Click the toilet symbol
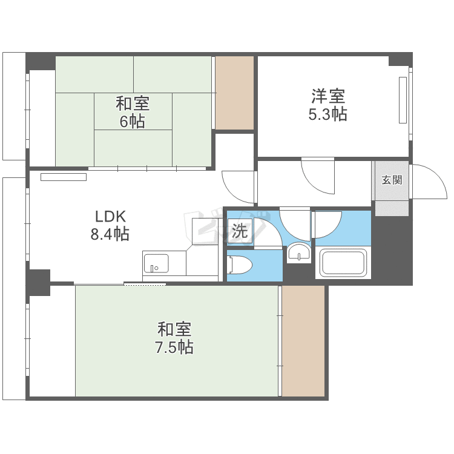[240, 265]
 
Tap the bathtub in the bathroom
[343, 263]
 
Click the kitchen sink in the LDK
[156, 263]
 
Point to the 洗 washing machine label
[240, 231]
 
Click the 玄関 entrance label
[392, 180]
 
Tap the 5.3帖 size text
[327, 114]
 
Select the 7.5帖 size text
[174, 347]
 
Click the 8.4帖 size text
[110, 234]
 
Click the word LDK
[110, 216]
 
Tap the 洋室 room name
[328, 96]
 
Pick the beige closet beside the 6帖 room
[234, 93]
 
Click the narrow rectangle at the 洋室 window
[403, 100]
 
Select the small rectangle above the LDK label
[64, 177]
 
